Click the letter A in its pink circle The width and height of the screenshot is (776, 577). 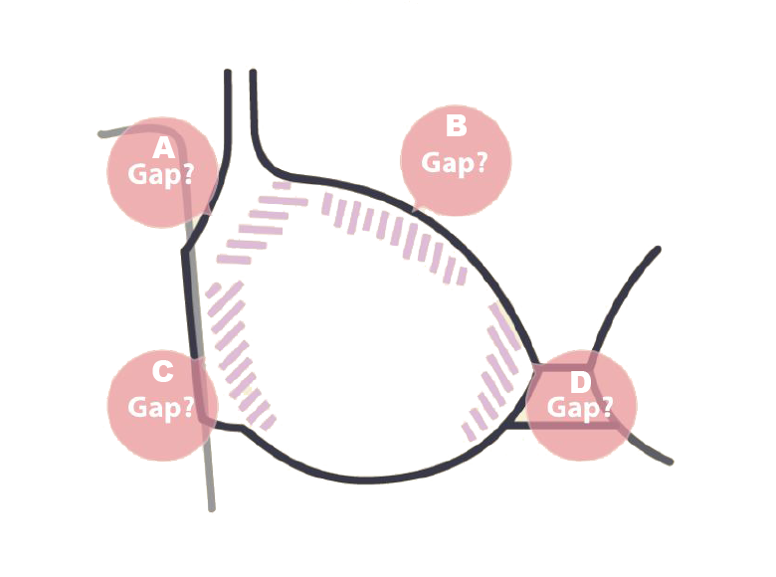163,149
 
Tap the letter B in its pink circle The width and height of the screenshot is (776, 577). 456,126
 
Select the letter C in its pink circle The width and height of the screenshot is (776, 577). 162,372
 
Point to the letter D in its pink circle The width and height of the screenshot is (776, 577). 580,381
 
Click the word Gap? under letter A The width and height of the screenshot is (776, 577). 161,175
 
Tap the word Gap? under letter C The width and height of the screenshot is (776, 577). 161,407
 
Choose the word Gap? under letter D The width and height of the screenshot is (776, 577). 580,407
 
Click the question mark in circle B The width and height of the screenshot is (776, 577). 481,162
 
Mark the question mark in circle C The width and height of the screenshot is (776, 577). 187,407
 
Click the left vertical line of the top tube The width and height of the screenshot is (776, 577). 228,109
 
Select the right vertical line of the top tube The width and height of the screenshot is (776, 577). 253,109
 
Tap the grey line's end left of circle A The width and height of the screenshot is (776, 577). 101,132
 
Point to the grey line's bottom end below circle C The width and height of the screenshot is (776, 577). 211,508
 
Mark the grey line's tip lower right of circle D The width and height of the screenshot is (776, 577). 670,462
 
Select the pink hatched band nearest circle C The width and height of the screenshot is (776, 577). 237,353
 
